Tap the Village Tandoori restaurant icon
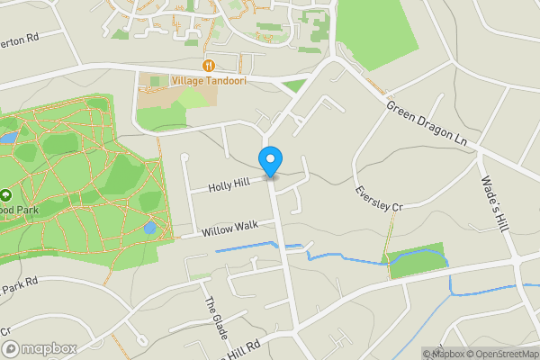click(x=209, y=65)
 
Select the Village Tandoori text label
click(x=214, y=80)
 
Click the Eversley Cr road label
click(x=378, y=199)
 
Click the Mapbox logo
click(x=40, y=348)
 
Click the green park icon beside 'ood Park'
click(x=5, y=194)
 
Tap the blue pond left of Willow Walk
click(x=149, y=228)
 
